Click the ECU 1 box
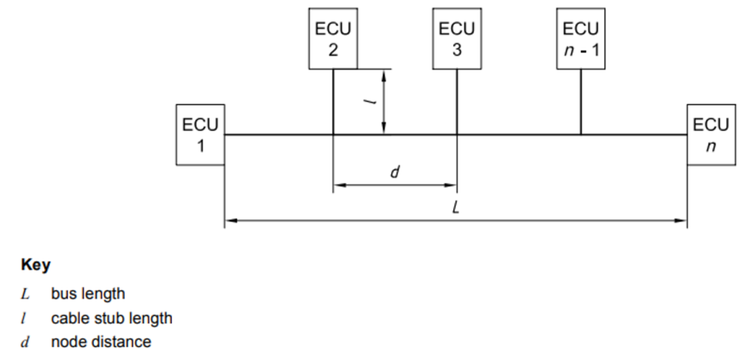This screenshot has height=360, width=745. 200,134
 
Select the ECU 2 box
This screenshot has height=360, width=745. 333,39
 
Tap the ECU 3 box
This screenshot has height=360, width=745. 457,39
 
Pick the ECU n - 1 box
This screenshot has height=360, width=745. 580,39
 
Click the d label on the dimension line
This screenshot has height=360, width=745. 395,172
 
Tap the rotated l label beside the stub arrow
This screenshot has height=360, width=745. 370,102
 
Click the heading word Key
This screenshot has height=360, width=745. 35,266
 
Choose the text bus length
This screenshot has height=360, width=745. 88,294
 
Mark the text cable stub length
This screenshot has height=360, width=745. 111,318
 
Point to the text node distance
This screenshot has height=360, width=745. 101,342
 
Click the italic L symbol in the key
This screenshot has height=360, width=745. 26,294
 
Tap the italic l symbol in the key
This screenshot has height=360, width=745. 26,318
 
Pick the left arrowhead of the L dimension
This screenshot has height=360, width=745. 230,221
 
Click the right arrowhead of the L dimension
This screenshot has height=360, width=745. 682,221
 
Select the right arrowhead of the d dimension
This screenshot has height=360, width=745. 452,185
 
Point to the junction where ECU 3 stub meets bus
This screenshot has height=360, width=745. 457,134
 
